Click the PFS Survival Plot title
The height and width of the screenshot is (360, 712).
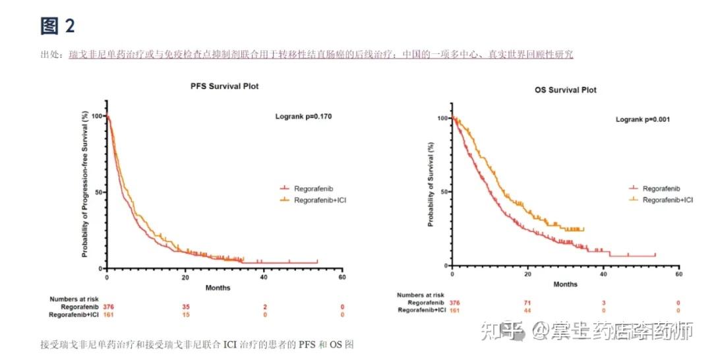[x=225, y=86]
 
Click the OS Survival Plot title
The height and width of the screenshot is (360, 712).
[x=565, y=90]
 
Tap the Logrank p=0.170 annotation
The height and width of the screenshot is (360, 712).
[x=303, y=117]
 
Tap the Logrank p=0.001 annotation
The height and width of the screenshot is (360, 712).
[x=643, y=120]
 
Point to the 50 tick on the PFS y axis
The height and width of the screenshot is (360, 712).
[x=98, y=193]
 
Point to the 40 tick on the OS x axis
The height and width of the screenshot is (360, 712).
[x=603, y=273]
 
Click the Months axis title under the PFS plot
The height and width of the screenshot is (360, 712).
[x=218, y=287]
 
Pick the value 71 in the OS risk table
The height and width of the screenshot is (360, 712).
[x=527, y=303]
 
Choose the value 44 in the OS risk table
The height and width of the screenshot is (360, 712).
[x=527, y=311]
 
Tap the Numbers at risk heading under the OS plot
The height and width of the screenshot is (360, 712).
[x=420, y=295]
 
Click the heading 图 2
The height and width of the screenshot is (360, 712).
[x=58, y=26]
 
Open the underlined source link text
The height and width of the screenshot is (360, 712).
[x=321, y=54]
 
